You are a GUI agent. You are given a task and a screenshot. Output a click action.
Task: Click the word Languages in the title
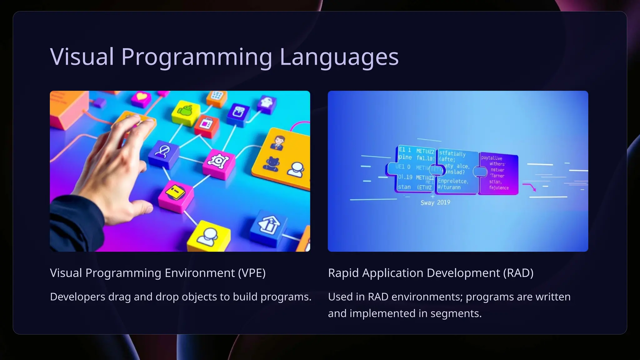[x=339, y=57]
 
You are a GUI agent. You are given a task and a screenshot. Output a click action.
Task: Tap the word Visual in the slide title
[x=82, y=57]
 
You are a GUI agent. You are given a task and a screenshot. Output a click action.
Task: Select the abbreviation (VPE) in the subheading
[x=252, y=273]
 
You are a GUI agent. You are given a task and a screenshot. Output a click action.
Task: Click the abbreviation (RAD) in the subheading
[x=518, y=273]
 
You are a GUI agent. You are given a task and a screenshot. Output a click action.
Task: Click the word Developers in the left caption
[x=77, y=297]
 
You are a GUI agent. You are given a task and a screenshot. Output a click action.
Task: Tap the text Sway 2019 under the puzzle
[x=435, y=202]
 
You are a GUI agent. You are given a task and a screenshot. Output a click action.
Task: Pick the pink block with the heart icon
[x=141, y=97]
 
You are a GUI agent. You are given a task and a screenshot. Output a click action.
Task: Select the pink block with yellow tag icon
[x=176, y=195]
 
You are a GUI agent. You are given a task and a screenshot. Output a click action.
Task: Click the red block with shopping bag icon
[x=206, y=125]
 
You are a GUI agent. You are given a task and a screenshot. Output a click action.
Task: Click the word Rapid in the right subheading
[x=343, y=273]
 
